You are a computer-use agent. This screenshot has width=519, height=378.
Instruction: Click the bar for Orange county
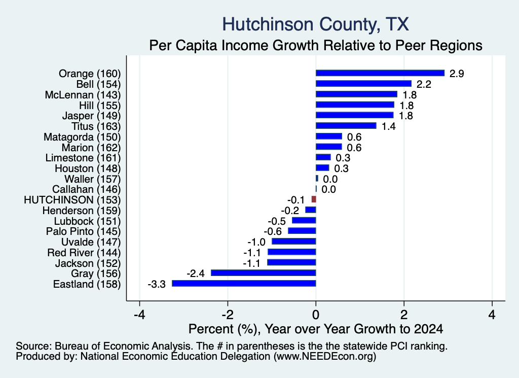click(x=380, y=73)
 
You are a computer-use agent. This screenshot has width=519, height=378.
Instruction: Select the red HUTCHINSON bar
click(x=314, y=199)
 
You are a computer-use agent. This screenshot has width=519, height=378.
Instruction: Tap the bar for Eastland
click(x=244, y=283)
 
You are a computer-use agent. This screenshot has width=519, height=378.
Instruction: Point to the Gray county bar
click(x=264, y=273)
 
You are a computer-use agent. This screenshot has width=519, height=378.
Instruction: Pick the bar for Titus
click(x=346, y=125)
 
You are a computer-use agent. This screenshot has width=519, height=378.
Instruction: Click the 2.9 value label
click(x=457, y=74)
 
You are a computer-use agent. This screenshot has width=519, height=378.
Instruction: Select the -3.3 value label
click(x=156, y=284)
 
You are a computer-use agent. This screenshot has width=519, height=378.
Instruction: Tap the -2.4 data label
click(x=196, y=273)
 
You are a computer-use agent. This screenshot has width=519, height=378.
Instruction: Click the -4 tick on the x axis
click(x=139, y=315)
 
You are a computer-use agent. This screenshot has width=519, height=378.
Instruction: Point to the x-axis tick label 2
click(x=404, y=315)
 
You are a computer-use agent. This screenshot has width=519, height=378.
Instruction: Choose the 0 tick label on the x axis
click(x=316, y=315)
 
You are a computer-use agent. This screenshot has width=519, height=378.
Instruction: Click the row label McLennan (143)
click(x=83, y=95)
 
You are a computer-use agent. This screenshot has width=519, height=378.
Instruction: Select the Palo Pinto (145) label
click(x=84, y=231)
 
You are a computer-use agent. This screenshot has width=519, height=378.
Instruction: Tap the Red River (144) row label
click(x=84, y=253)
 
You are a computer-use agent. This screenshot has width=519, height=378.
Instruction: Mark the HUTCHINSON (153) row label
click(x=72, y=200)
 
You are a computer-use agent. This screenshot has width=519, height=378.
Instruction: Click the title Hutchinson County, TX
click(x=315, y=24)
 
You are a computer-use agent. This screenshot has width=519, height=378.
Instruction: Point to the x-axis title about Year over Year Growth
click(x=315, y=329)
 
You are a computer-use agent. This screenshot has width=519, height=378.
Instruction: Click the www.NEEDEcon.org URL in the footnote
click(x=325, y=356)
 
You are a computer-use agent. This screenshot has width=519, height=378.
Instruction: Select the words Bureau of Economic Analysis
click(x=123, y=346)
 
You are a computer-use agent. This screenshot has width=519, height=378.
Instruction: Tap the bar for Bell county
click(x=363, y=84)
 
